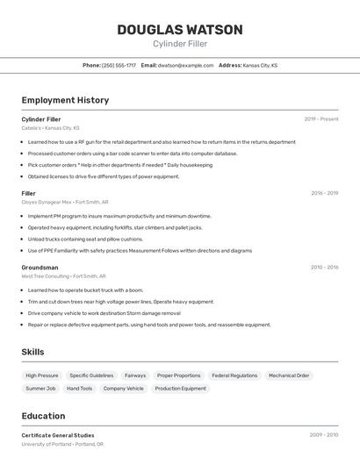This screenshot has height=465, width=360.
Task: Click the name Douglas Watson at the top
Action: [180, 30]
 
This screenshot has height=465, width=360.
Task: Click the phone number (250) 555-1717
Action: [119, 65]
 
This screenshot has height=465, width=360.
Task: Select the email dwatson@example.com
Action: [185, 65]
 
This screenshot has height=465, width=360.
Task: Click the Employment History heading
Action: [65, 100]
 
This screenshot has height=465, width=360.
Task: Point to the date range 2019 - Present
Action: [321, 119]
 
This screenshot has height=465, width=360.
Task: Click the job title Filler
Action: [29, 193]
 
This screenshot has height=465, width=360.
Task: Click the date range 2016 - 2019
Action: [324, 193]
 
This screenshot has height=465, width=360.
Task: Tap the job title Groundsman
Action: [40, 267]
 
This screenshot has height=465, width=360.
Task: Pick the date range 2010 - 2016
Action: [324, 267]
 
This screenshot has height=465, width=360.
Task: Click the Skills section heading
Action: [33, 352]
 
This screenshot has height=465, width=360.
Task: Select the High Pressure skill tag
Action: [42, 376]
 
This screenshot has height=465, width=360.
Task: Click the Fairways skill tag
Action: [135, 376]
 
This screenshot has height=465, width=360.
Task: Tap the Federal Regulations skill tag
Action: [234, 376]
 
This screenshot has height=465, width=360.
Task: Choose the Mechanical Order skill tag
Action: [289, 376]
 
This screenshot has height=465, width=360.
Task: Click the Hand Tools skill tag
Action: [79, 388]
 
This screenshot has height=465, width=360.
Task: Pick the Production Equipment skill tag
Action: [180, 388]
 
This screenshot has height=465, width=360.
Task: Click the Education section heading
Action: [43, 416]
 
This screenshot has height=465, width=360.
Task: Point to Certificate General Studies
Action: [58, 435]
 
